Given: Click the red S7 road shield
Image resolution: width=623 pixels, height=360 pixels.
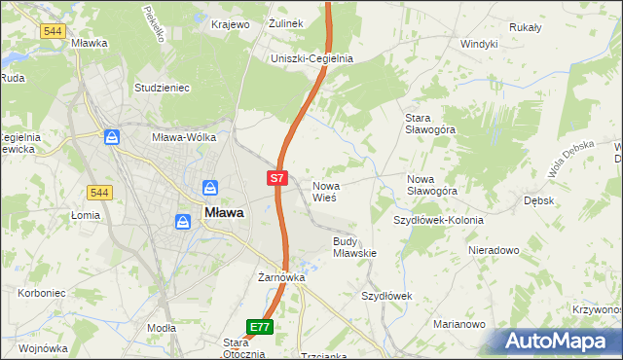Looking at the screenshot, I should tap(277, 178).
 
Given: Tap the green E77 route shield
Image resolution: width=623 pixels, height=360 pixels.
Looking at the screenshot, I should tap(259, 327).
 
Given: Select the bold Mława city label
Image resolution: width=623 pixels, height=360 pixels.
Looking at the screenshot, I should tap(223, 212).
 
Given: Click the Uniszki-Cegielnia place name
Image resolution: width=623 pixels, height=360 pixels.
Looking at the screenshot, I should tap(311, 58).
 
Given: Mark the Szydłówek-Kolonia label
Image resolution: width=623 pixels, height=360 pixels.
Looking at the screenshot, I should tap(438, 220).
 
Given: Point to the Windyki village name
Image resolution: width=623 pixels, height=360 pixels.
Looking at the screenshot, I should tap(479, 44).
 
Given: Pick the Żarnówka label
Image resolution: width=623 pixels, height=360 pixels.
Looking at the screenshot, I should tap(281, 277).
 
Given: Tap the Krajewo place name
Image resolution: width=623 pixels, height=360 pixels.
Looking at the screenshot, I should tap(231, 24).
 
